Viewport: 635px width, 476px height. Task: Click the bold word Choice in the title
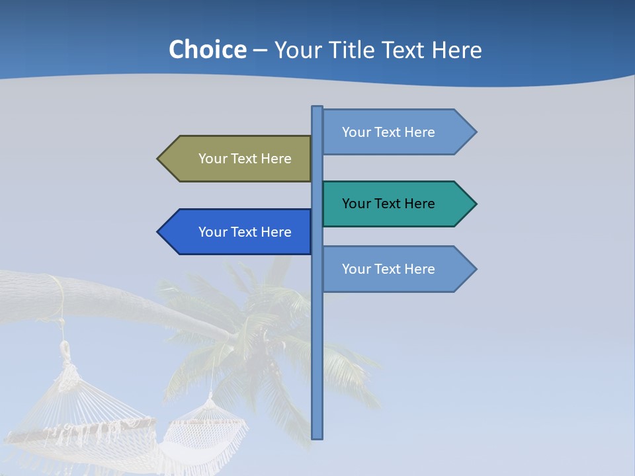click(x=207, y=50)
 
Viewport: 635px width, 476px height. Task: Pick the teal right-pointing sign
click(x=390, y=204)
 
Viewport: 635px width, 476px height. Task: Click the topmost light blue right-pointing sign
click(x=390, y=132)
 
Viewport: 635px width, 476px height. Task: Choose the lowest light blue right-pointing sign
click(x=390, y=269)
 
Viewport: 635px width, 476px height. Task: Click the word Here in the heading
click(x=456, y=50)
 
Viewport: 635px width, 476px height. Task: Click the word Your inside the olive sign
click(x=212, y=159)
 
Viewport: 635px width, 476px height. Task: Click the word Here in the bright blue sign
click(x=276, y=232)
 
